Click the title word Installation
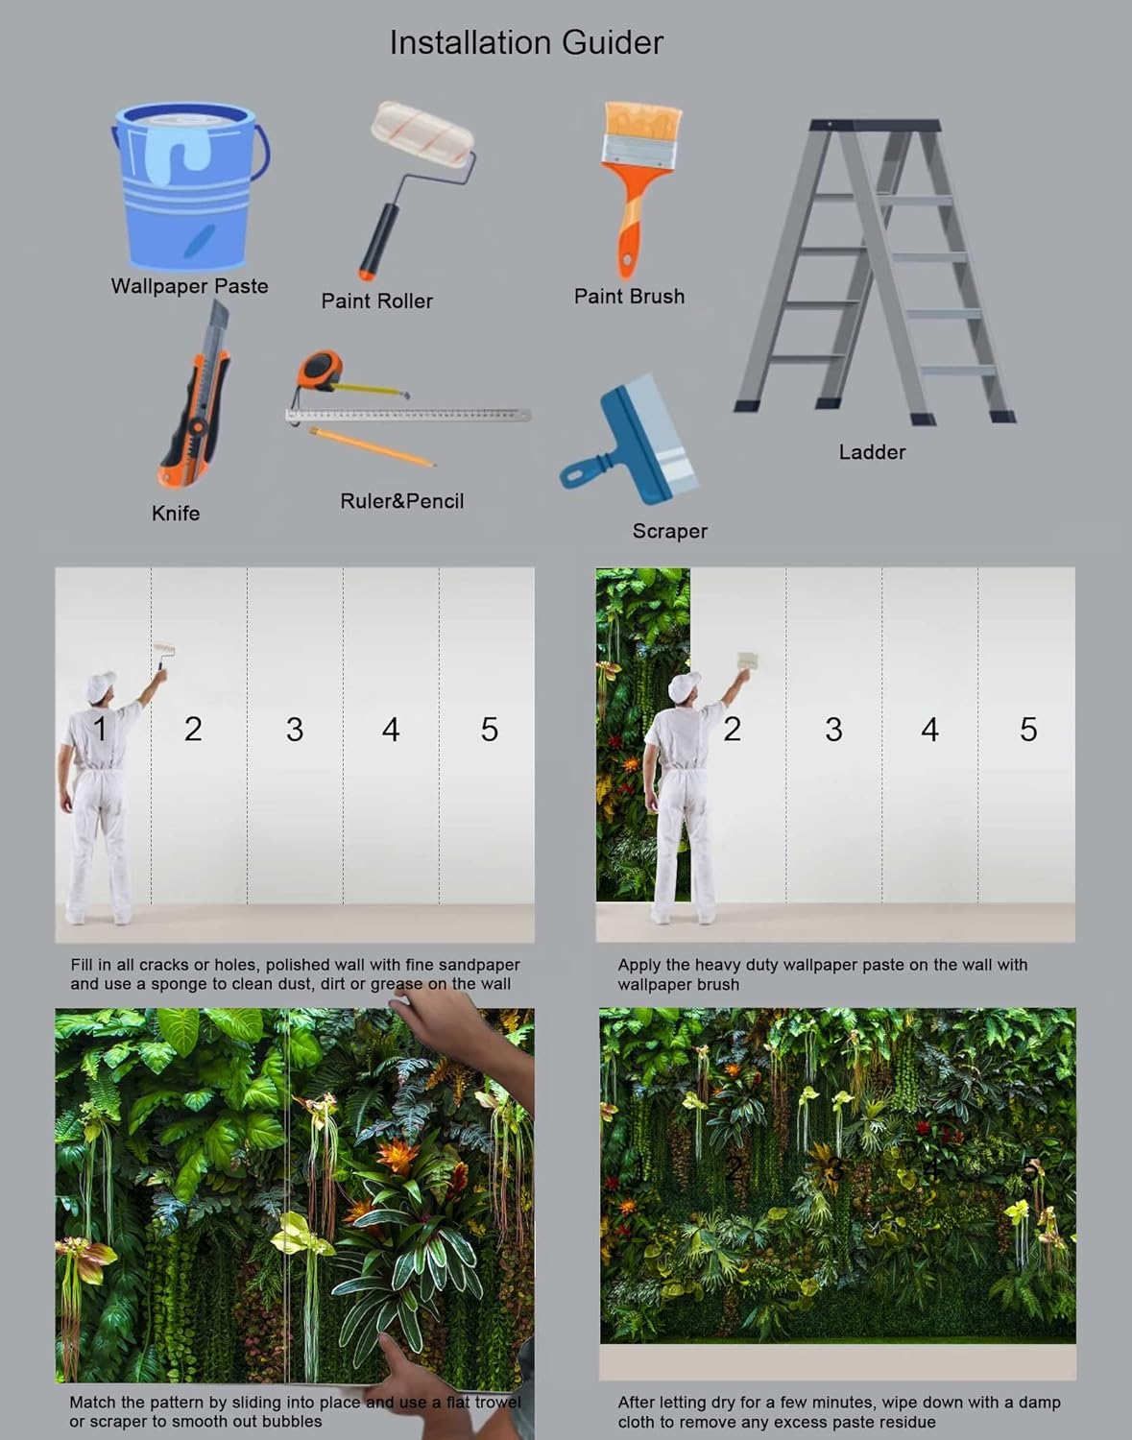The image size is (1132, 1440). (471, 43)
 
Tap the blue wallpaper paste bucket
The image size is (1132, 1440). (190, 186)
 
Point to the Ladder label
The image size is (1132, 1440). (872, 452)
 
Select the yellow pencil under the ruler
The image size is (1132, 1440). (372, 447)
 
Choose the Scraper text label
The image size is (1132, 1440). (669, 531)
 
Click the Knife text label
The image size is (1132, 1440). (176, 513)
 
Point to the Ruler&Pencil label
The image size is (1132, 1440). (401, 501)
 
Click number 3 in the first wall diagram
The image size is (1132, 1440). (295, 730)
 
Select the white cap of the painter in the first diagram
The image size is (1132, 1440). (100, 685)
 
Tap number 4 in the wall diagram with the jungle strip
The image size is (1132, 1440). (929, 730)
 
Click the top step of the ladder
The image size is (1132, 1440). (874, 125)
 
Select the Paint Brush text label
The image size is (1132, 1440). (629, 297)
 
